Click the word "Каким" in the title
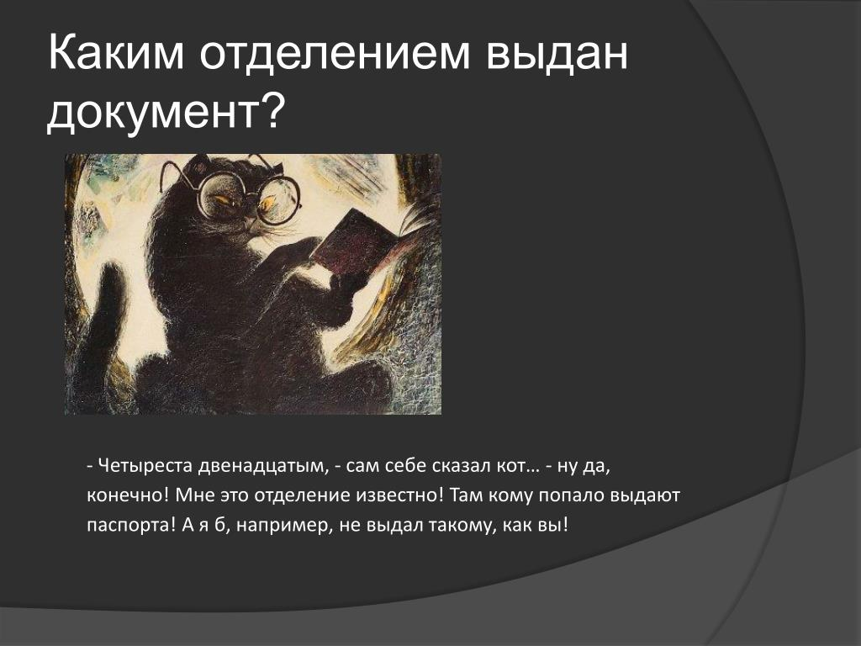(x=116, y=53)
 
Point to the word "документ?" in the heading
(x=166, y=113)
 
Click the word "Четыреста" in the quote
(x=145, y=466)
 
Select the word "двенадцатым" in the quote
(x=262, y=467)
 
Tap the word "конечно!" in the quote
(x=129, y=495)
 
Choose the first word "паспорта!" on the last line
(x=130, y=526)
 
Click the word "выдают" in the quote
(x=646, y=496)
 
